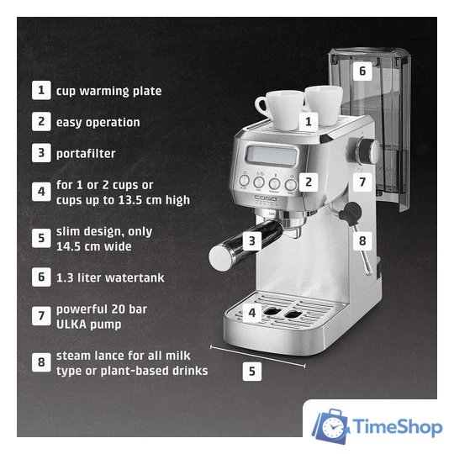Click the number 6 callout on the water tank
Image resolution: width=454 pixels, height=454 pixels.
(362, 71)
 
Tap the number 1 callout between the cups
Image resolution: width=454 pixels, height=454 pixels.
(309, 121)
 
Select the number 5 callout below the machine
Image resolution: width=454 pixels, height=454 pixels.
(252, 372)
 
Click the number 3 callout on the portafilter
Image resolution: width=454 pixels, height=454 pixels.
(252, 241)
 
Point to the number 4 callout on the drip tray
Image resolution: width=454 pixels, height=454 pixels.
(252, 313)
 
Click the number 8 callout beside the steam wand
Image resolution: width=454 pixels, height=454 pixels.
(362, 241)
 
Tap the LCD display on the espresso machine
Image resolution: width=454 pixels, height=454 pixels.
(272, 156)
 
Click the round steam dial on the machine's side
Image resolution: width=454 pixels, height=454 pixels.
(367, 151)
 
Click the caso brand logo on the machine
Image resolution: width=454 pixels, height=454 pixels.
(266, 198)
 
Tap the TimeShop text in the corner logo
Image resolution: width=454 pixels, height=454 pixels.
(397, 427)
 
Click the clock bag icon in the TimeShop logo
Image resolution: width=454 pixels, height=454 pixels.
(331, 426)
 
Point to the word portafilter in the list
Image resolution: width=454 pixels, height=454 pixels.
(86, 154)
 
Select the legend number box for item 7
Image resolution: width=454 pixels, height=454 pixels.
(41, 316)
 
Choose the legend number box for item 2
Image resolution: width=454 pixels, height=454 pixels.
(41, 121)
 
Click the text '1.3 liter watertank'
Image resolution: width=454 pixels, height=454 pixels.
(110, 277)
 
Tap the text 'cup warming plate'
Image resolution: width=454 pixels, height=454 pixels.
(108, 91)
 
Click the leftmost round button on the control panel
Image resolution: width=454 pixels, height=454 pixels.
(244, 181)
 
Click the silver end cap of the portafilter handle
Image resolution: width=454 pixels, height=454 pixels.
(220, 257)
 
